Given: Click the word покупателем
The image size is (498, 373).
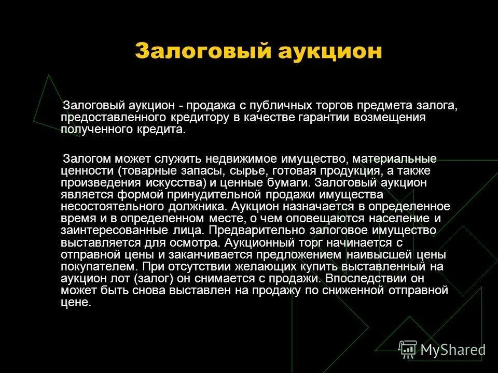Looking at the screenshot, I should (x=99, y=266).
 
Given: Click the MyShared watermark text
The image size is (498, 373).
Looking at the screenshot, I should (x=452, y=349).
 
